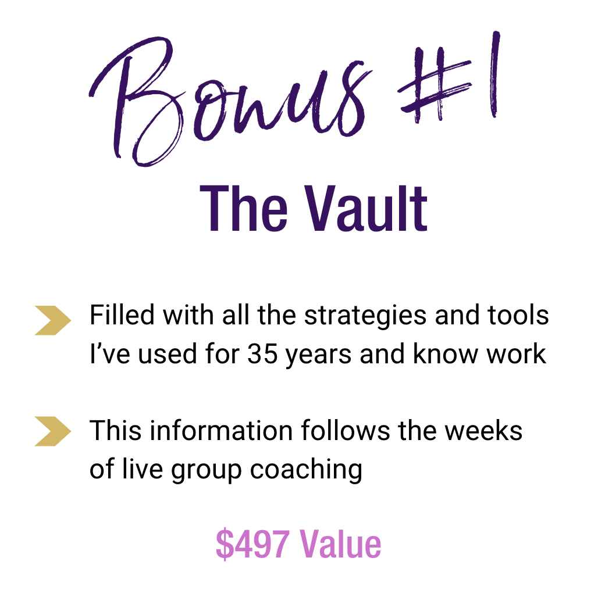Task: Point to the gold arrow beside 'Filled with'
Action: (x=52, y=321)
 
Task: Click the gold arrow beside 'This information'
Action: (x=52, y=431)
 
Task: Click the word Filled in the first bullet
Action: (x=122, y=315)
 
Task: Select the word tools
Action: (x=518, y=316)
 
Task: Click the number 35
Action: (x=262, y=354)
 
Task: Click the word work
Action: (x=517, y=353)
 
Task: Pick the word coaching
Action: (x=306, y=471)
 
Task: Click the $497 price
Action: (x=252, y=544)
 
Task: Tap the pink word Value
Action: (x=340, y=544)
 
